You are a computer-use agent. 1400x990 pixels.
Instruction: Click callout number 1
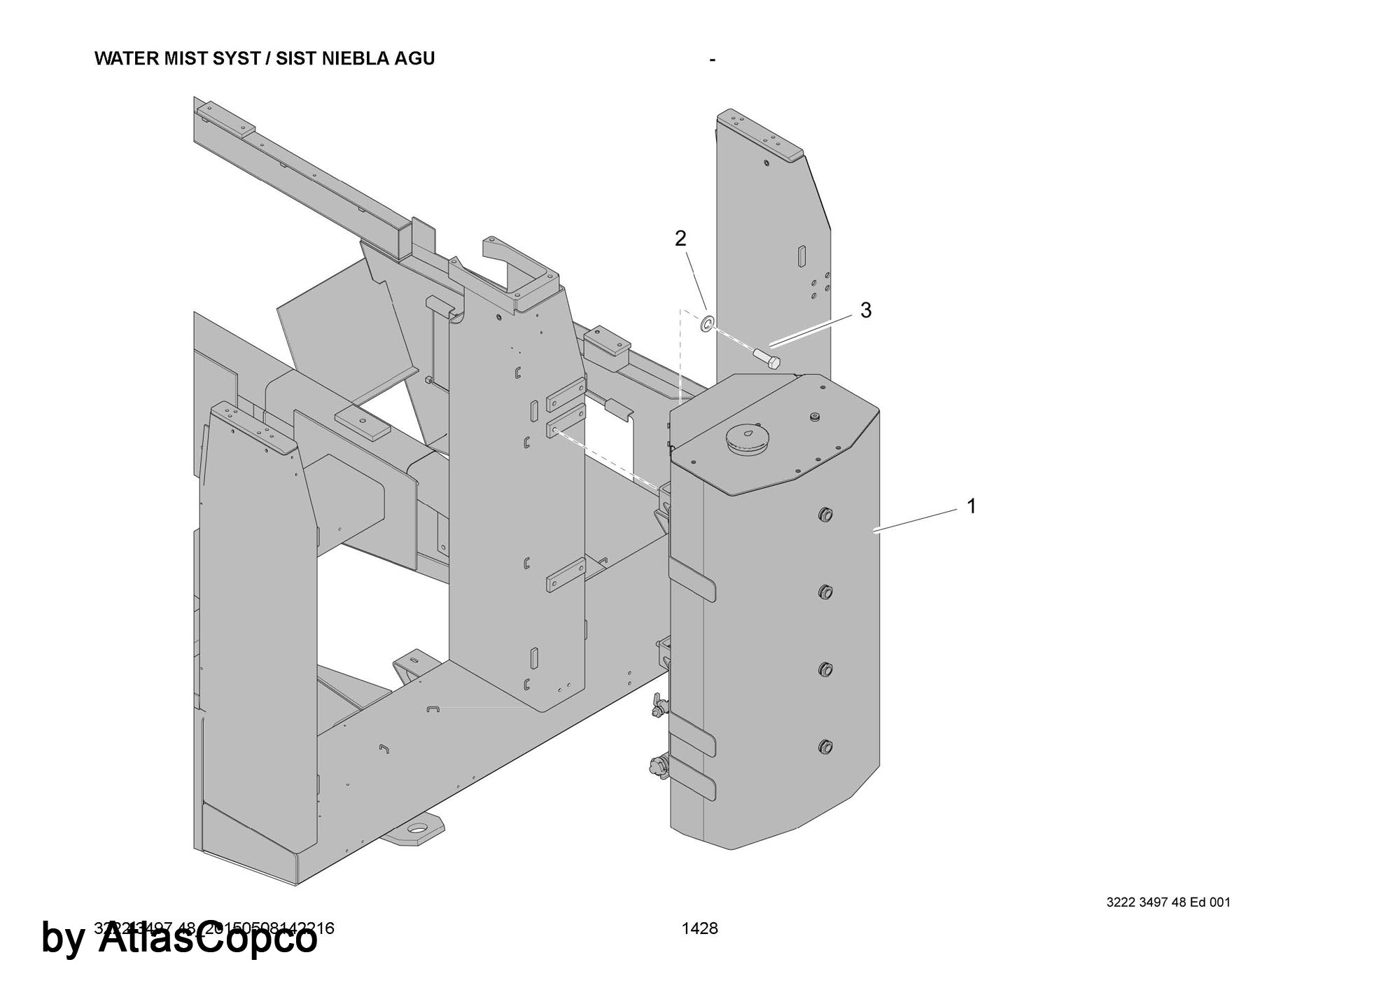coord(971,506)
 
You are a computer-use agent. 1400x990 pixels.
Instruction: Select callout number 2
coord(680,239)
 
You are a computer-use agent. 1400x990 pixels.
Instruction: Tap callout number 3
coord(865,310)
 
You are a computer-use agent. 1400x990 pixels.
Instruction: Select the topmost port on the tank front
coord(825,515)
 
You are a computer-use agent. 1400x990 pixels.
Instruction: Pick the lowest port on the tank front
coord(825,746)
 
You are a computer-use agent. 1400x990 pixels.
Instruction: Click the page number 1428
coord(700,928)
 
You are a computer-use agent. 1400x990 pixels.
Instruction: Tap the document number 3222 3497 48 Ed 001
coord(1168,902)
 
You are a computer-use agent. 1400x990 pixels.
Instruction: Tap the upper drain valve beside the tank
coord(657,709)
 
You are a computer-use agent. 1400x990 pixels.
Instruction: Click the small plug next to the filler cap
coord(814,417)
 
